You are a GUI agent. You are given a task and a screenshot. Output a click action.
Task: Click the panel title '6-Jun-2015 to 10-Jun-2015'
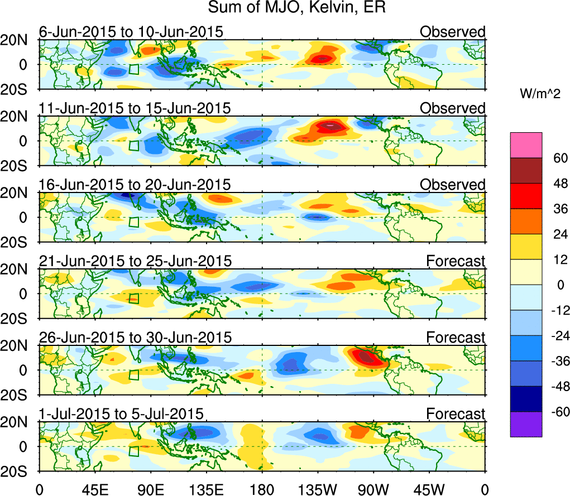131,32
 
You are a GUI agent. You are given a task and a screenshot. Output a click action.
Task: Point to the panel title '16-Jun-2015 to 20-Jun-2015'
135,185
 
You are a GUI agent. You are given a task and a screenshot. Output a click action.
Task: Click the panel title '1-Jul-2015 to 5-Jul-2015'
121,414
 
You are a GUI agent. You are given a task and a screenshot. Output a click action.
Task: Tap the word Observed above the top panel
453,32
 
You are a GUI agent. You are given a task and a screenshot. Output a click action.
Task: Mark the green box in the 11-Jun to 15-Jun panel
133,146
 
